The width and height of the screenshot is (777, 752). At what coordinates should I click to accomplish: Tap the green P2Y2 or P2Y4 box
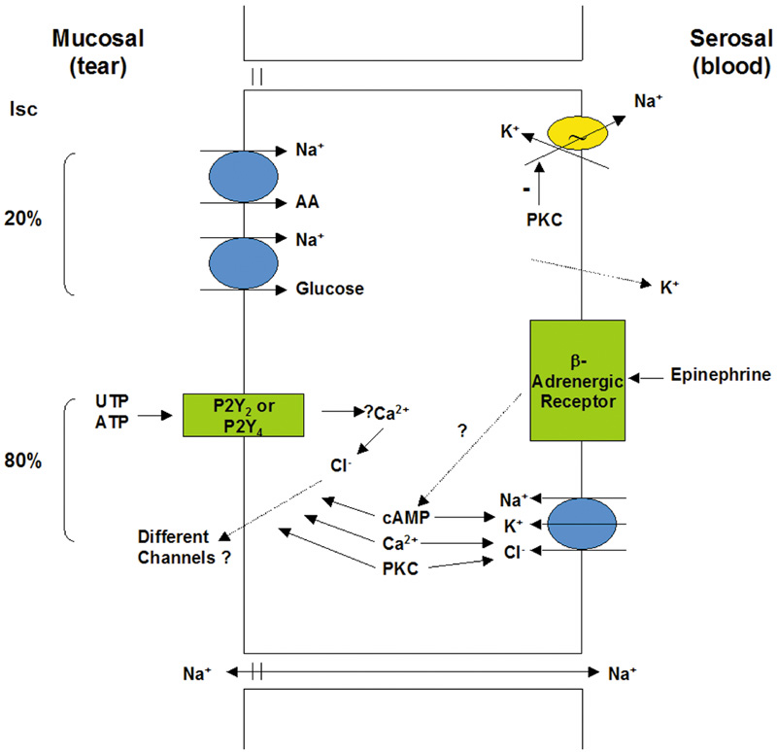pos(243,415)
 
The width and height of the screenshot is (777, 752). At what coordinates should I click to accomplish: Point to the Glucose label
pos(330,289)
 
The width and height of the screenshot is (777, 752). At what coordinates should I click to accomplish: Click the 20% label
pos(21,220)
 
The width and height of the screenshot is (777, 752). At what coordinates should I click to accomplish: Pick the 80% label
pos(21,461)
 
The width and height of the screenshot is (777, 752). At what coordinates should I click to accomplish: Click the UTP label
pos(111,401)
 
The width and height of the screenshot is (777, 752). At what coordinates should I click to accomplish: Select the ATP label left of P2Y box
pos(111,420)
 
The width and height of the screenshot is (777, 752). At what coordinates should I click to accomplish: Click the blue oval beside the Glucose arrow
pos(243,262)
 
